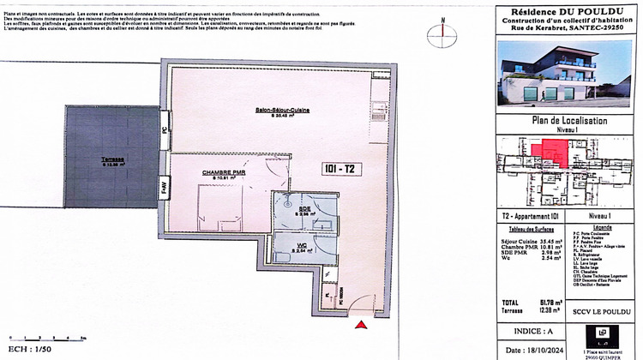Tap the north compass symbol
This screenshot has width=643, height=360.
point(442,31)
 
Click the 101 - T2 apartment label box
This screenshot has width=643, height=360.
point(341,168)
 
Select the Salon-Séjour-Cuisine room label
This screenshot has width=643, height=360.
point(282,111)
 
